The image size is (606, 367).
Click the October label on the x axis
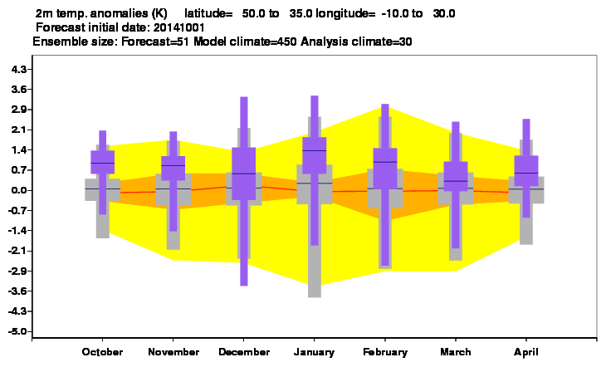click(x=102, y=352)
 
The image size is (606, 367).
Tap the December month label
click(x=244, y=352)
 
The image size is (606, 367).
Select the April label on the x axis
click(x=526, y=352)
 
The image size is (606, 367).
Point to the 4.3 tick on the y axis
click(x=19, y=70)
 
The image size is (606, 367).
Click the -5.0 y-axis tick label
click(x=17, y=331)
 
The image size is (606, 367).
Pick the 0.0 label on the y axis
click(x=19, y=190)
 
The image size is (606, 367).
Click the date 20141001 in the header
click(x=179, y=28)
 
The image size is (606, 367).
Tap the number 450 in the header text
click(x=286, y=42)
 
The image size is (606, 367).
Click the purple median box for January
click(x=315, y=155)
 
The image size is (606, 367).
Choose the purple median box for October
click(x=102, y=162)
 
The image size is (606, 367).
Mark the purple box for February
click(x=385, y=169)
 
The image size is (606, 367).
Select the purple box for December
click(x=243, y=174)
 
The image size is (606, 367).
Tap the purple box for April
click(x=526, y=170)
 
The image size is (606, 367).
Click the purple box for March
click(x=456, y=176)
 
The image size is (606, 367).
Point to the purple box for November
click(x=173, y=169)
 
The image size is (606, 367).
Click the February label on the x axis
click(x=385, y=352)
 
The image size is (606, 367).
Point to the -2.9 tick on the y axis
click(x=17, y=271)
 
